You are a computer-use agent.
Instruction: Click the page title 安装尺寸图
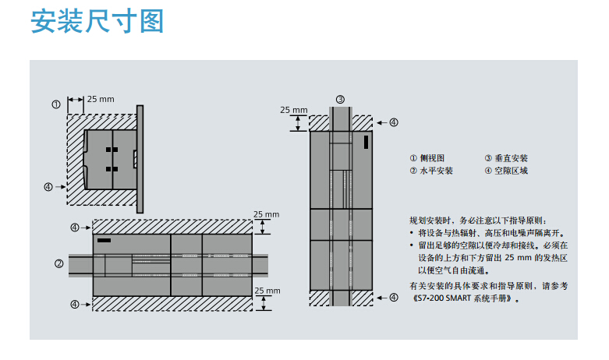97,21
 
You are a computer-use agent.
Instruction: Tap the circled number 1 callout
56,104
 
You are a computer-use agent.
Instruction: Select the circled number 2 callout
58,264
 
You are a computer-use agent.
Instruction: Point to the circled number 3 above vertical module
340,99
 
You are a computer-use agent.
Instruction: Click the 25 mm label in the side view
101,99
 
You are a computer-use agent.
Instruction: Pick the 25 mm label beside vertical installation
294,110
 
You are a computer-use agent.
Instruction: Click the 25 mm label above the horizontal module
267,214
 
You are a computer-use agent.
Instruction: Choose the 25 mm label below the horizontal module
267,291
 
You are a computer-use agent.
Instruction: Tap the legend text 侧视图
432,158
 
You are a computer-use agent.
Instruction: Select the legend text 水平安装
436,171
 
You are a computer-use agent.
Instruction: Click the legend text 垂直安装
511,158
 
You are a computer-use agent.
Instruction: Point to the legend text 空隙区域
511,171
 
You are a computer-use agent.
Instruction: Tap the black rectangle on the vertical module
366,142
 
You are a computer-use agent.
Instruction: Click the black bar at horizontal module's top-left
104,241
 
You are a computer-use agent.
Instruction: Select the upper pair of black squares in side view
112,150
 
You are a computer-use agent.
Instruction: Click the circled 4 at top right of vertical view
394,122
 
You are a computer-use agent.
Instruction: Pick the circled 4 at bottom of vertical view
394,298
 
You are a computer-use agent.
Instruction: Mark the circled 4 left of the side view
48,187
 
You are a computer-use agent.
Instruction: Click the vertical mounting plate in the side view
140,159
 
